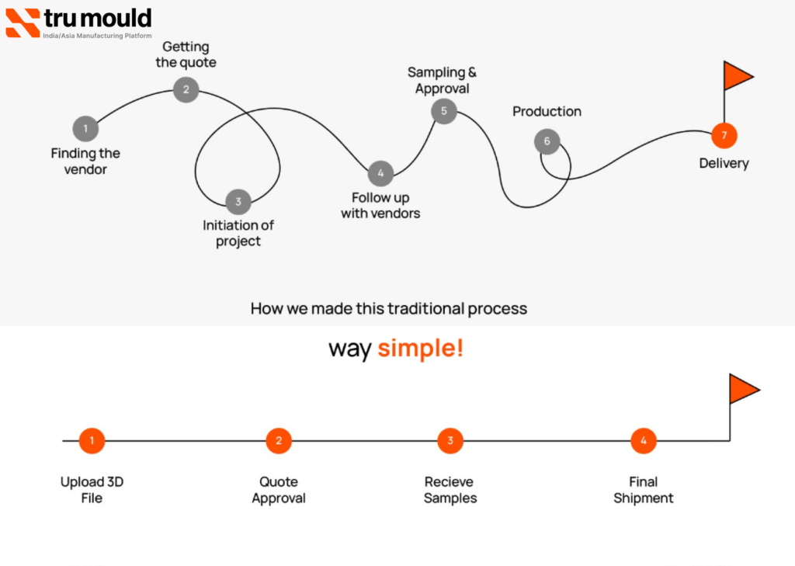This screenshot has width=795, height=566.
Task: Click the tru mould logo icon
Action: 23,23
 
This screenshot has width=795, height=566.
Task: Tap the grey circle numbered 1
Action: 85,129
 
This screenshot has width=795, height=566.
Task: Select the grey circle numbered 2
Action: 186,89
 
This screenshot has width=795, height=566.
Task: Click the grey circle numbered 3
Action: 238,202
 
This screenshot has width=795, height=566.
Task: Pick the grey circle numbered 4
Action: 380,173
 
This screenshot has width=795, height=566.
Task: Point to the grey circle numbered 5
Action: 444,111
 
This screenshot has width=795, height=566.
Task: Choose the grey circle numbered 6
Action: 547,141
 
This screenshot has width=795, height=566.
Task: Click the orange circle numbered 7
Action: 724,135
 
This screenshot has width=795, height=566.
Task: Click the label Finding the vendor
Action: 85,161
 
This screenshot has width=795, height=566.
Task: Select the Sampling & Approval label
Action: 443,81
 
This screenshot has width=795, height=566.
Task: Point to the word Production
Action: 547,112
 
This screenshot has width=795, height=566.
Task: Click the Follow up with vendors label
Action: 380,206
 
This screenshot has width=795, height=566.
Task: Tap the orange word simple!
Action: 420,349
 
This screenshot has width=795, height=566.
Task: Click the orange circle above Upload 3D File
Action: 92,441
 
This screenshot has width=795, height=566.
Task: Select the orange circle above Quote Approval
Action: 279,441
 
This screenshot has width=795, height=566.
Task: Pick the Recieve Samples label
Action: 450,490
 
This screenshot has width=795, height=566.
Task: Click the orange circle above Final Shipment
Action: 644,441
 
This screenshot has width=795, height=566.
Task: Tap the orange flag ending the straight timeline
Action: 743,389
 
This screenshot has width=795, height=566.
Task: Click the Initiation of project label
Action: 238,233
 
